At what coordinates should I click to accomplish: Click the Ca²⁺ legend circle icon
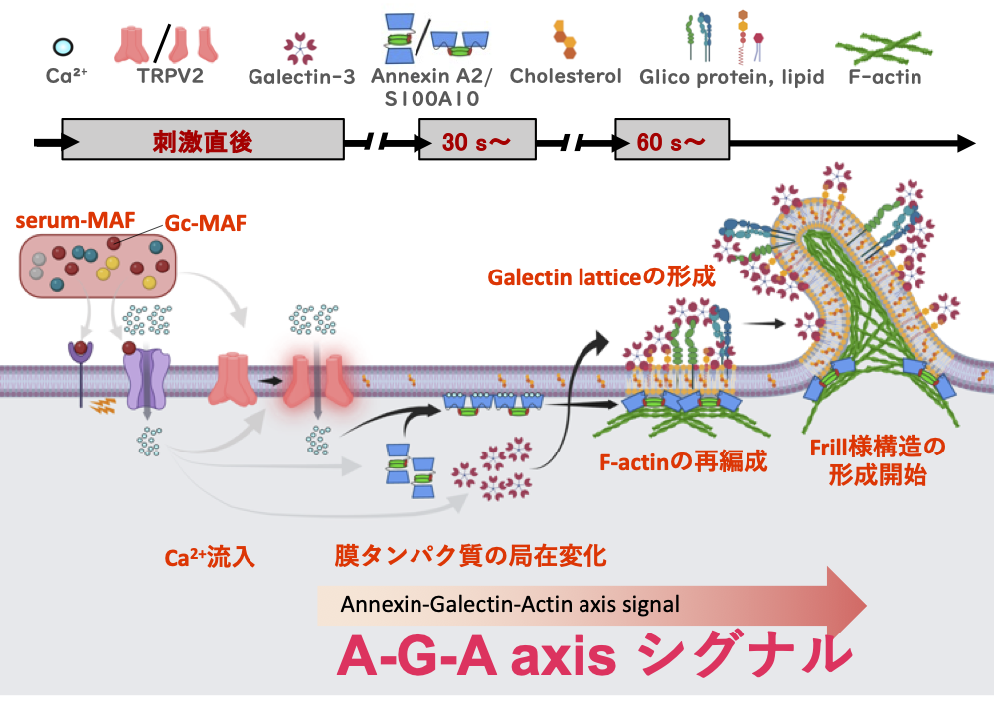62,46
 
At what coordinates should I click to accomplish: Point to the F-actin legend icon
878,44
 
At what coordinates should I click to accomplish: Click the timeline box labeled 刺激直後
203,142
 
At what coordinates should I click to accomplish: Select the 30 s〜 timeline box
477,142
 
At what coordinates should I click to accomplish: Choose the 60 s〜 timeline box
671,142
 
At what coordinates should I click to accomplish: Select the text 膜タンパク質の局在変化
469,557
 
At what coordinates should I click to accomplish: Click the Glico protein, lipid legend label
732,76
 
